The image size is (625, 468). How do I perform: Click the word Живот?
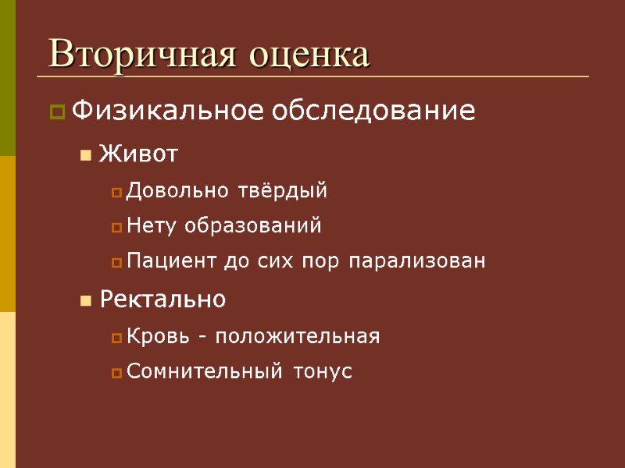pyautogui.click(x=139, y=154)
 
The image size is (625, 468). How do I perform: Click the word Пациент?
pyautogui.click(x=164, y=261)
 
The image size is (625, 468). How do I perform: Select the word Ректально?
pyautogui.click(x=162, y=299)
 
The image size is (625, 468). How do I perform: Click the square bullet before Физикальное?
pyautogui.click(x=56, y=113)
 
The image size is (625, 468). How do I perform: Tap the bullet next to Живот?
pyautogui.click(x=84, y=156)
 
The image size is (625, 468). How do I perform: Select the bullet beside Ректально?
pyautogui.click(x=84, y=300)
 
